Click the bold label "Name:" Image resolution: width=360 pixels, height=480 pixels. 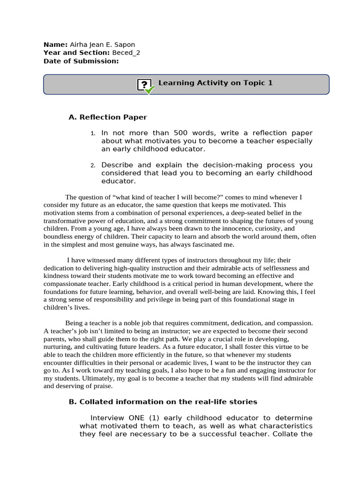(55, 45)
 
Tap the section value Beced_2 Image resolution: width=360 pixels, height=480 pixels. (126, 52)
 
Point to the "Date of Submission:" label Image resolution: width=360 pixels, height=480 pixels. (81, 61)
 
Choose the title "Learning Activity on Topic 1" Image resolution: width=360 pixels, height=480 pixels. (215, 83)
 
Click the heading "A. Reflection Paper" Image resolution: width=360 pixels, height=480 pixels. (107, 117)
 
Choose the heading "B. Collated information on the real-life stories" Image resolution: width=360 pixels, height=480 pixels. (163, 402)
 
